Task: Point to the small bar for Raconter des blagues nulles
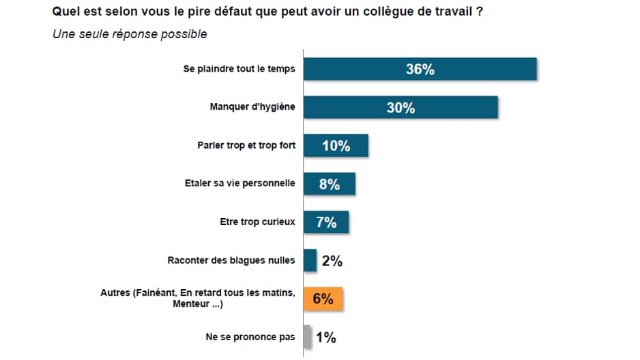(x=310, y=260)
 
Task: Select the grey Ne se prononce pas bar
(x=307, y=337)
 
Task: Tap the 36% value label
(x=420, y=70)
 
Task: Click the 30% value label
(x=401, y=108)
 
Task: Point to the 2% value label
(x=332, y=260)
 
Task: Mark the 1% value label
(x=325, y=337)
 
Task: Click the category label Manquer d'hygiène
(x=252, y=107)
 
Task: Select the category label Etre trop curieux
(x=257, y=222)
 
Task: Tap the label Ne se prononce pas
(x=250, y=336)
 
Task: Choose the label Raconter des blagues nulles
(x=231, y=260)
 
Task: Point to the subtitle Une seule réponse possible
(x=130, y=34)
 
